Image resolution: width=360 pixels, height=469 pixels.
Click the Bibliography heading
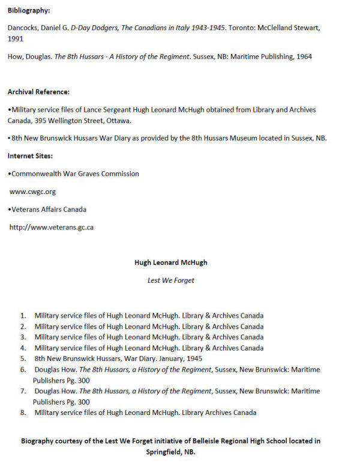pyautogui.click(x=29, y=11)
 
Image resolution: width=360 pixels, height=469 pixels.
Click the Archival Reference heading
pyautogui.click(x=38, y=92)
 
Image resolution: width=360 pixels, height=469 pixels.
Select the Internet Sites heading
pyautogui.click(x=30, y=156)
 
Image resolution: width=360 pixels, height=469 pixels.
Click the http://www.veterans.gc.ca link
pyautogui.click(x=51, y=227)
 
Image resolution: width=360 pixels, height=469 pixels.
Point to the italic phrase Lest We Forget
pyautogui.click(x=171, y=280)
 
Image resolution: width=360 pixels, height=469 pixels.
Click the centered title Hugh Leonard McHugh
pyautogui.click(x=171, y=262)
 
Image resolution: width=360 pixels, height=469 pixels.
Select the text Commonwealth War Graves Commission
pyautogui.click(x=75, y=174)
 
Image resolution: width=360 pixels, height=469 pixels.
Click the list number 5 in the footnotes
pyautogui.click(x=23, y=359)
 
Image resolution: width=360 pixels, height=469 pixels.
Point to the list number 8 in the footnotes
pyautogui.click(x=23, y=413)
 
